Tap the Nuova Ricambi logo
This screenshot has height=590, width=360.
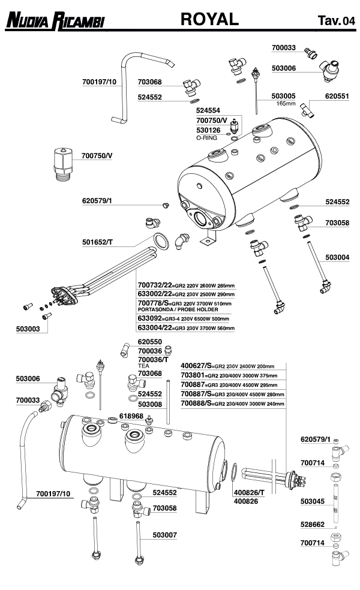54,22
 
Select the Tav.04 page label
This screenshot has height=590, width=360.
336,22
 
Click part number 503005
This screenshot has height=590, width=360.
284,96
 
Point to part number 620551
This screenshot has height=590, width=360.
337,95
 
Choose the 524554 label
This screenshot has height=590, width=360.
208,111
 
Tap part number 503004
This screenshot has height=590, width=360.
337,257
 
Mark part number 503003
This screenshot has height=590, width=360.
28,329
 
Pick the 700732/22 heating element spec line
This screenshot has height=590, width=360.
185,285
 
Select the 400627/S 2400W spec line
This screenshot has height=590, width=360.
227,365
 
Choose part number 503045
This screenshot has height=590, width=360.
312,501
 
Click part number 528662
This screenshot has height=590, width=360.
312,523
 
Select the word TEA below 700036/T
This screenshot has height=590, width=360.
143,365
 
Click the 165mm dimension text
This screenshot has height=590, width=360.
286,103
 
